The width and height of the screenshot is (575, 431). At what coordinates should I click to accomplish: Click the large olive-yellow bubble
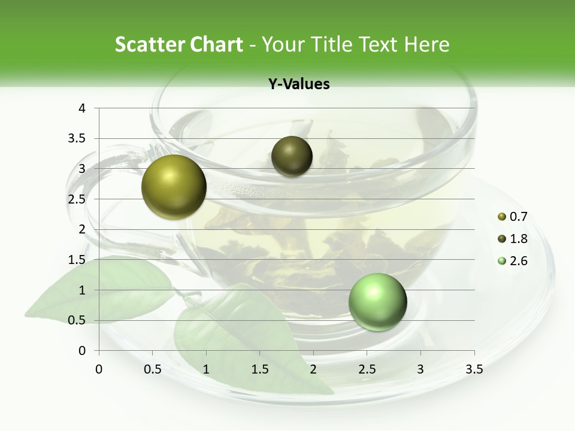(x=174, y=187)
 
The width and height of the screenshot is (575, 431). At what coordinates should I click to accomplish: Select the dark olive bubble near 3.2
(x=292, y=156)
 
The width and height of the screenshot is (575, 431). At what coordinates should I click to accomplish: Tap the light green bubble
(x=377, y=302)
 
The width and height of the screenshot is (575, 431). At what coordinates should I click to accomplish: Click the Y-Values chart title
(x=299, y=84)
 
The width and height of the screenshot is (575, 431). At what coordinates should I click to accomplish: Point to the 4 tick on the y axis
(x=82, y=108)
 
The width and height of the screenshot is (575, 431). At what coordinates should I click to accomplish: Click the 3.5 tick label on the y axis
(x=77, y=138)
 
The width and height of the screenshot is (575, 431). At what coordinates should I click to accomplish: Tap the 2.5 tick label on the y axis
(x=77, y=199)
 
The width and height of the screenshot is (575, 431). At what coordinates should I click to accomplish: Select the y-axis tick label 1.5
(x=77, y=260)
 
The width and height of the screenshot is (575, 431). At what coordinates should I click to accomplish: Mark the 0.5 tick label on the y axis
(x=77, y=320)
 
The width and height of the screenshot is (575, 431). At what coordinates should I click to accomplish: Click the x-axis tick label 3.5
(x=474, y=369)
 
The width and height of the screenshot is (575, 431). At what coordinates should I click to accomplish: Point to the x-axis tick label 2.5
(x=367, y=369)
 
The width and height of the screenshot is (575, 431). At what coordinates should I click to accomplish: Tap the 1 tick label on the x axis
(x=206, y=369)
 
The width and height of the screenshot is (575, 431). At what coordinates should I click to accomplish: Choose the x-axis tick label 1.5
(x=259, y=369)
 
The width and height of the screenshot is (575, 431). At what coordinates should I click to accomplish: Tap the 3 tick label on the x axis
(x=420, y=369)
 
